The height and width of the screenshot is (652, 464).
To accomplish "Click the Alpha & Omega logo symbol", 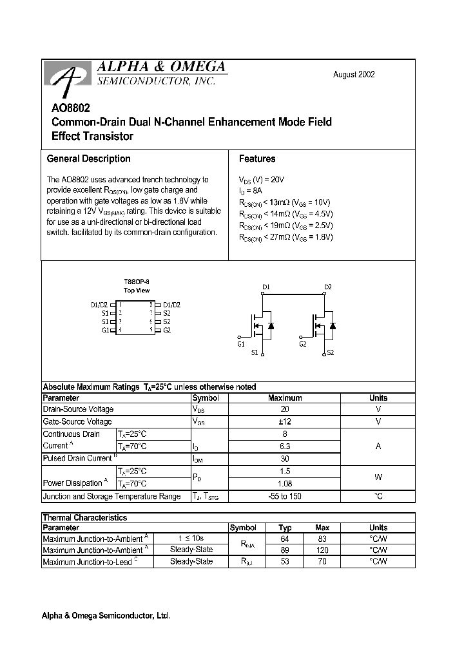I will click(66, 79).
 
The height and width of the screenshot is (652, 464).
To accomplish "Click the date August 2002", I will click(353, 75).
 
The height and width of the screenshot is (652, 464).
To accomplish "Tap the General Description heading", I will click(88, 158).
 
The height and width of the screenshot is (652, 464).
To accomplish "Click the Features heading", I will click(256, 158).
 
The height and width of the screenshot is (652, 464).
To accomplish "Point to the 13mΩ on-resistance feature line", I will click(285, 202).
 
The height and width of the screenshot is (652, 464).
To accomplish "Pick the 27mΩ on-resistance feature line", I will click(285, 237).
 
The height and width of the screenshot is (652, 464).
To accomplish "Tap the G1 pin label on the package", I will click(106, 330).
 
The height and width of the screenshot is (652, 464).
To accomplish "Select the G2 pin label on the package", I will click(167, 330).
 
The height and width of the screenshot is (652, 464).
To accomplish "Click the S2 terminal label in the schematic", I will click(330, 353).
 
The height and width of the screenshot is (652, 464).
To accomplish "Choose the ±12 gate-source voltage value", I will click(285, 421).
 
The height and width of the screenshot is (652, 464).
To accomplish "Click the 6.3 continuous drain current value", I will click(285, 446).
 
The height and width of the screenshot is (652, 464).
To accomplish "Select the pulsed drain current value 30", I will click(285, 458).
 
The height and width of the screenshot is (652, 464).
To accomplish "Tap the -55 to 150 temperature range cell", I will click(285, 496).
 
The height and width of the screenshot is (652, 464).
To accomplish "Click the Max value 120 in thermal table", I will click(322, 550).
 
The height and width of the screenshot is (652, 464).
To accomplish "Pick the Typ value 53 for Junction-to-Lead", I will click(285, 562).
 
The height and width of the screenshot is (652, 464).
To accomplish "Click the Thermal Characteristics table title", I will click(84, 517).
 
